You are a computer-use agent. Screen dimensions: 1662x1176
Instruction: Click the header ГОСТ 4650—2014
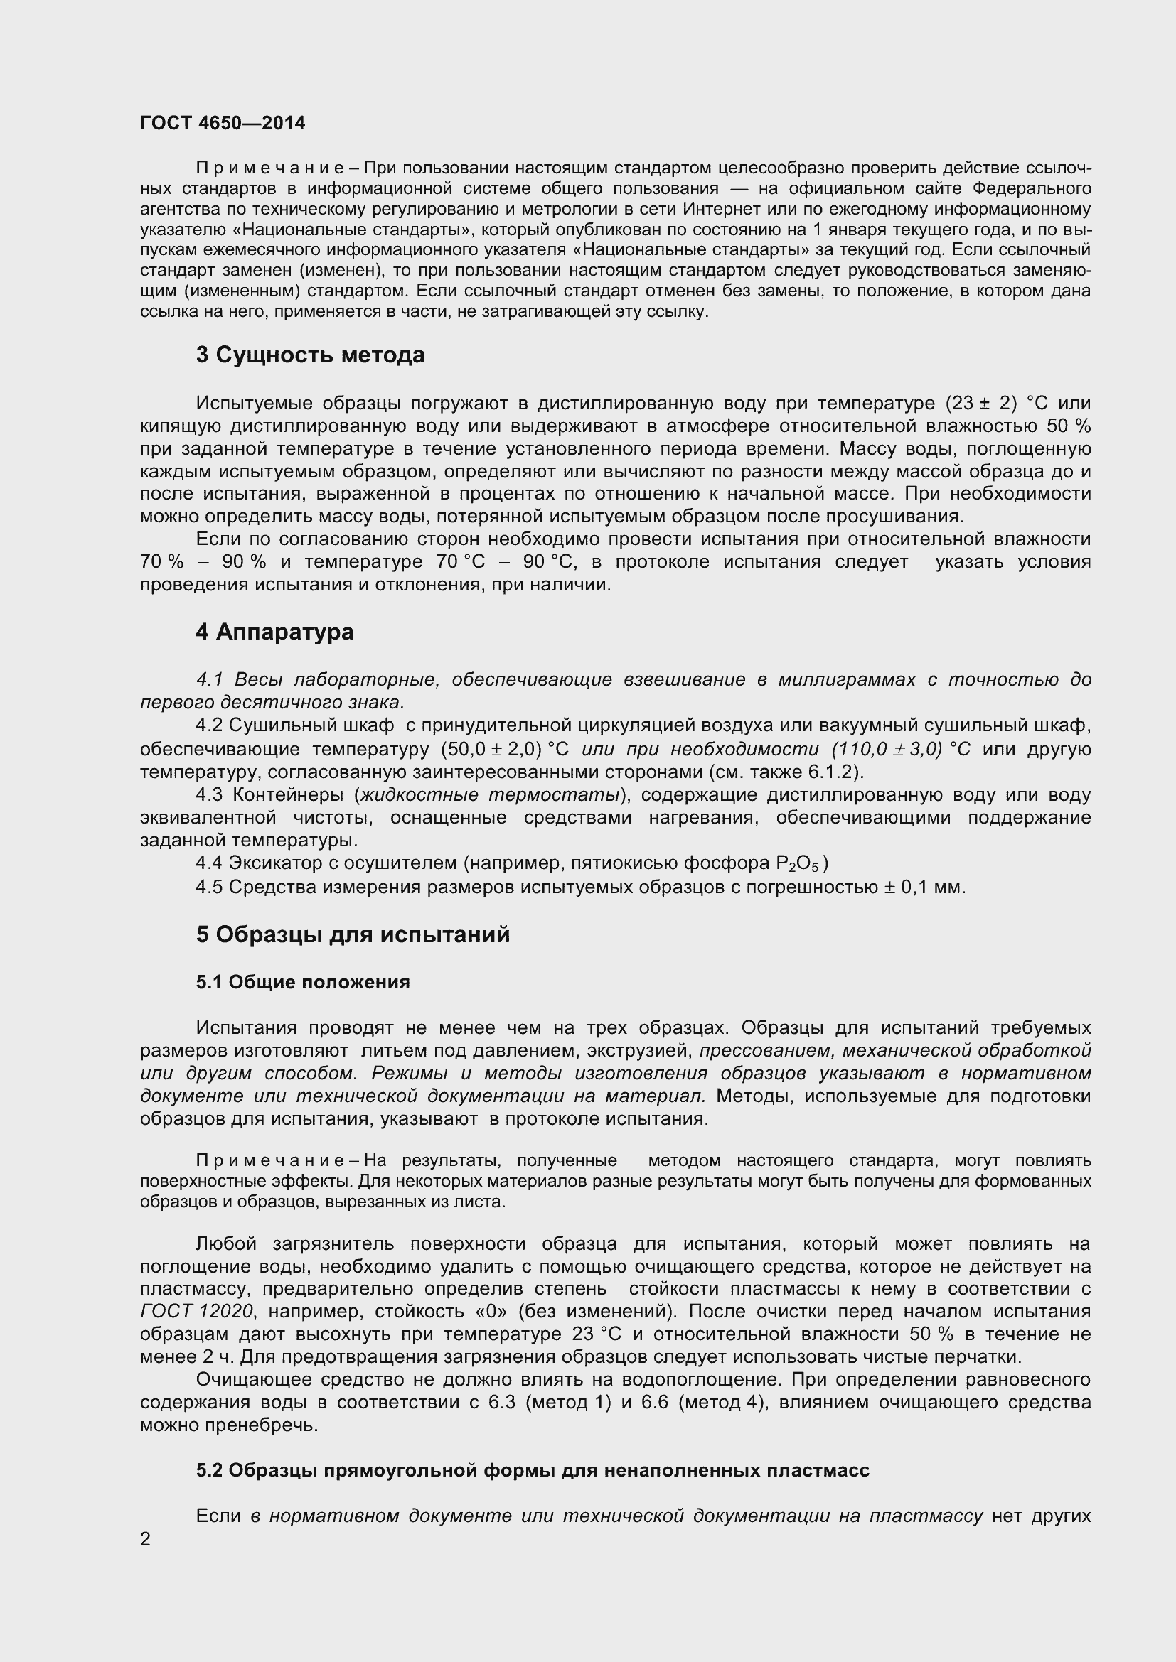223,124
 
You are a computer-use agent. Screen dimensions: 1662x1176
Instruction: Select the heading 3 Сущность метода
310,355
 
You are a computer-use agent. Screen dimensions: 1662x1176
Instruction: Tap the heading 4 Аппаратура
274,632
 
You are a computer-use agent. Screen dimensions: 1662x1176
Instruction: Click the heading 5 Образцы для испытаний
353,934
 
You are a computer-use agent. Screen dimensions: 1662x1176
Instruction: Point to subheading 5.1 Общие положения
303,982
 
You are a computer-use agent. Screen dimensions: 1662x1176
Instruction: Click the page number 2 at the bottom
146,1539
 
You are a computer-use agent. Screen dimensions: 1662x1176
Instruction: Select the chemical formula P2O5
796,864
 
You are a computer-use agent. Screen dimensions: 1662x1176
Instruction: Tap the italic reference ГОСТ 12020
196,1312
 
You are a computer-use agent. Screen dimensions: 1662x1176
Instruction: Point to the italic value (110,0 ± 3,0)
887,749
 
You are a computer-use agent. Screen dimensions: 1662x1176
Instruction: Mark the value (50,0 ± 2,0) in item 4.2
496,749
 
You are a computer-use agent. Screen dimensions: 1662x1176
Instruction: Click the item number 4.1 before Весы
210,680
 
